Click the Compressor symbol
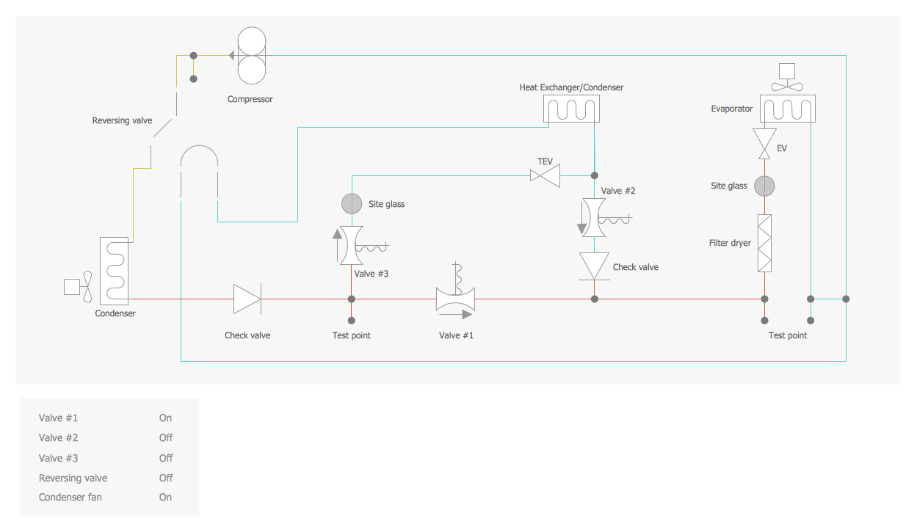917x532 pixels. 252,55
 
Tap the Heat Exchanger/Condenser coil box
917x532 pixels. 571,109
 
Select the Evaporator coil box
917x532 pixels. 787,109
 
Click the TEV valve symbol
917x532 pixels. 545,175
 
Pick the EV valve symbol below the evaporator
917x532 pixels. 765,143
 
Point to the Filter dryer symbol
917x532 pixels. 765,243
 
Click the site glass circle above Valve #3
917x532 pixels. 352,203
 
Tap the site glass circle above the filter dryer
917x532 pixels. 765,186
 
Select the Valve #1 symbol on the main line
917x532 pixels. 456,299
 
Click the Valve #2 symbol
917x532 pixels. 594,217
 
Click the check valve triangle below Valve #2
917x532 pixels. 594,266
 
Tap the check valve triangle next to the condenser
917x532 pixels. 247,299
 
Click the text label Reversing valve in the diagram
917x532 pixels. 122,120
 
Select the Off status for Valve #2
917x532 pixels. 166,438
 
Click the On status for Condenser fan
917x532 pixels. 166,498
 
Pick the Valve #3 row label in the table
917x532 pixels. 59,458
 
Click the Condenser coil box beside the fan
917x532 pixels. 114,270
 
